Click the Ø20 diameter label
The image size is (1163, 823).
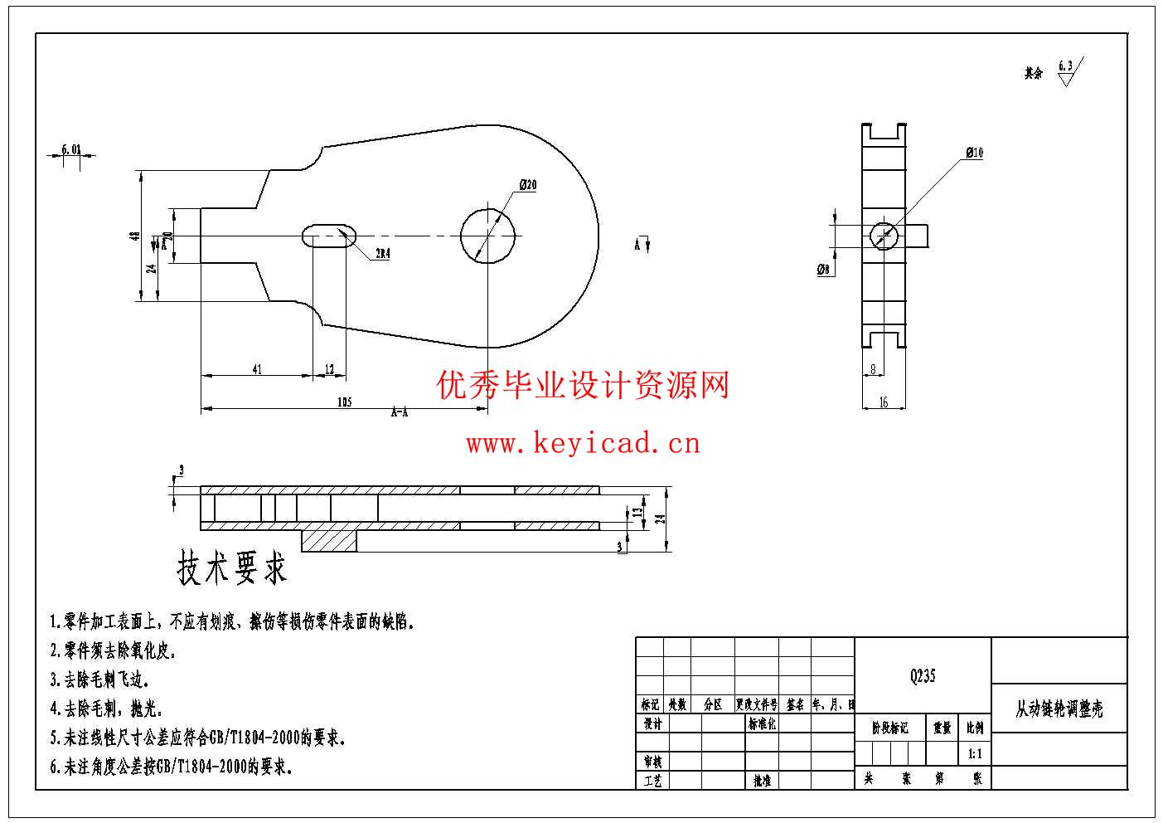coord(528,185)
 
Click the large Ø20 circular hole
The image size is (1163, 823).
coord(488,236)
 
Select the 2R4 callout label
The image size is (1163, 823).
coord(383,254)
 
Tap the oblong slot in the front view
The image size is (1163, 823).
coord(328,236)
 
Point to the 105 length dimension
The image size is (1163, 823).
coord(345,402)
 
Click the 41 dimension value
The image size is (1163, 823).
coord(257,369)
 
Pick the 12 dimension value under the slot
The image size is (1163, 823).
coord(329,369)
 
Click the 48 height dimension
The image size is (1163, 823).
coord(134,236)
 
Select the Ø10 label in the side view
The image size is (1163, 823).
coord(974,153)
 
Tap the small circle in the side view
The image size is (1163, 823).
coord(884,236)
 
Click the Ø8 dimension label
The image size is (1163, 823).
coord(823,270)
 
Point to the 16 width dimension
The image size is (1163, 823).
coord(884,402)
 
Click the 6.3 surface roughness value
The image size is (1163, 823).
coord(1065,66)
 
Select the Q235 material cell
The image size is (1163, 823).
coord(923,676)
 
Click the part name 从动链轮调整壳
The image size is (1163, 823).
coord(1059,709)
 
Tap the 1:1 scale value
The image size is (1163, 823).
coord(975,755)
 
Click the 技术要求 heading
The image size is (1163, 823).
coord(232,568)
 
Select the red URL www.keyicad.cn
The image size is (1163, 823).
coord(583,444)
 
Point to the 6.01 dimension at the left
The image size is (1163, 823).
coord(71,150)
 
